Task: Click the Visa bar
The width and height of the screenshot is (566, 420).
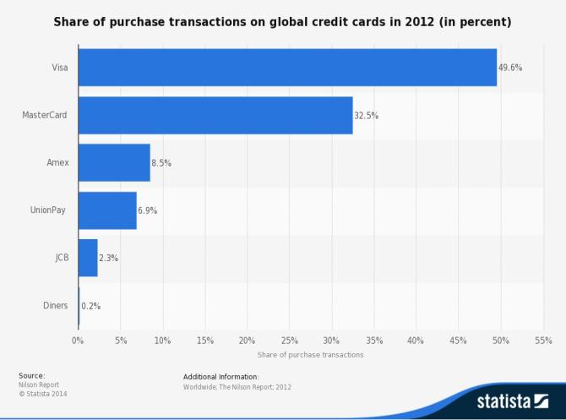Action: tap(287, 68)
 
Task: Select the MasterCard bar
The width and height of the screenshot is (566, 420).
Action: tap(215, 115)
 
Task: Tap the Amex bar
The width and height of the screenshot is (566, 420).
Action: tap(114, 162)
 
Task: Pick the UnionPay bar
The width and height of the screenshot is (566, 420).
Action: tap(107, 210)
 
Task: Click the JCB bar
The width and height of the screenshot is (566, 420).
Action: tap(88, 258)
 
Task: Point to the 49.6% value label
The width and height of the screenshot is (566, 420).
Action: tap(510, 68)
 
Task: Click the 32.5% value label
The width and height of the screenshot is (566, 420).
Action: tap(366, 116)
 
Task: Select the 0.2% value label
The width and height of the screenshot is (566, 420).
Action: tap(90, 306)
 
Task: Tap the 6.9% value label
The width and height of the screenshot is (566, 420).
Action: tap(147, 210)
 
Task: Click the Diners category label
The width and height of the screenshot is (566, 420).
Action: tap(55, 306)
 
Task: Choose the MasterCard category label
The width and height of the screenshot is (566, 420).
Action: tap(45, 115)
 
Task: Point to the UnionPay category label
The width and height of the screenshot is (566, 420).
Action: tap(48, 210)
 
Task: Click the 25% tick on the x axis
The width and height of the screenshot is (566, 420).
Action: tap(289, 341)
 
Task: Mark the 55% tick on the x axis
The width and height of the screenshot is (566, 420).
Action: tap(543, 341)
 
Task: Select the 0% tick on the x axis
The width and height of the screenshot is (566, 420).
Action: tap(78, 341)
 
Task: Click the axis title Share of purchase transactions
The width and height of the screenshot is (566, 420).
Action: tap(310, 355)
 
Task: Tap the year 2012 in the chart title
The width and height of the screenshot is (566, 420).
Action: tap(419, 22)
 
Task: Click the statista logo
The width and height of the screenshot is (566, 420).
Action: tap(513, 401)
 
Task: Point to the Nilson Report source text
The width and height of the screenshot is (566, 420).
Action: tap(39, 385)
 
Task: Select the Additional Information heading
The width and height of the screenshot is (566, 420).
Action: tap(221, 377)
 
